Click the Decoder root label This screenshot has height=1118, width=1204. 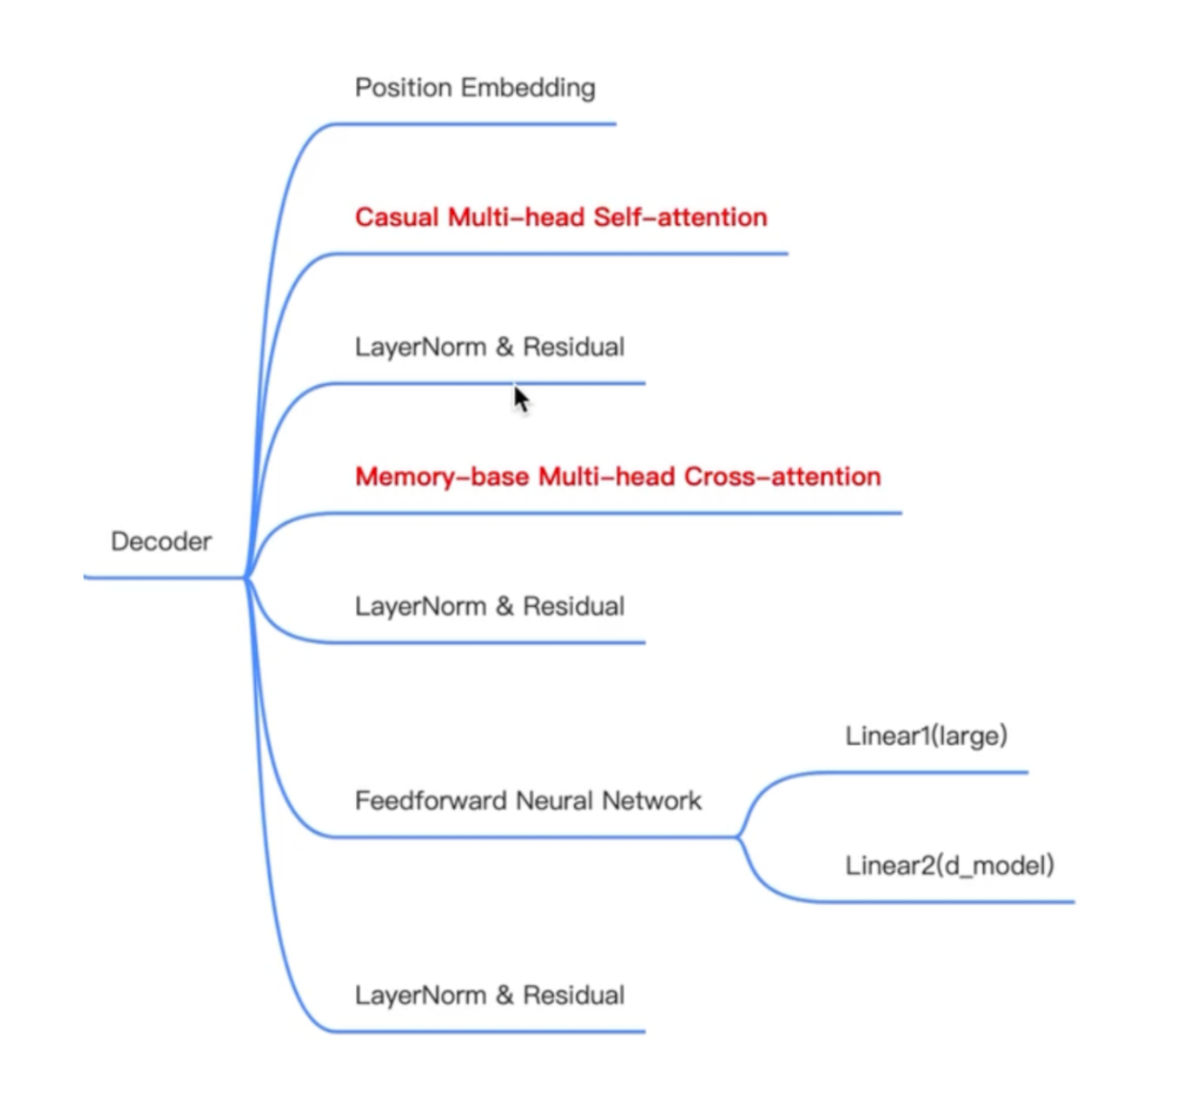(161, 540)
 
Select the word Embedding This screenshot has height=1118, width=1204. (528, 88)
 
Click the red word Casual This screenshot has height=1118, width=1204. (397, 217)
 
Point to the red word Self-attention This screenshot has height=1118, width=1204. (681, 217)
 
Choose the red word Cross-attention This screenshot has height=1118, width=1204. (782, 477)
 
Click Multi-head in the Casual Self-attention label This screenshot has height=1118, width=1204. (517, 217)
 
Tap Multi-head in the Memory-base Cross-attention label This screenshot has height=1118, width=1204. (607, 477)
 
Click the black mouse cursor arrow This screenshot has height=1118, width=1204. (522, 399)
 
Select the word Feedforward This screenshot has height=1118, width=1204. (431, 801)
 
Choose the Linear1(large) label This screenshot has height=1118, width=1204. (927, 736)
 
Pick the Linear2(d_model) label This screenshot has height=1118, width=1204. (950, 865)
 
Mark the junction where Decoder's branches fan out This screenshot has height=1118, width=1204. (247, 577)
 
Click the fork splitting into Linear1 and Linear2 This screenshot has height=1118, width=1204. (739, 837)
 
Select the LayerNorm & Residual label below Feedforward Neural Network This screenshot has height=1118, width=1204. (490, 996)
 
